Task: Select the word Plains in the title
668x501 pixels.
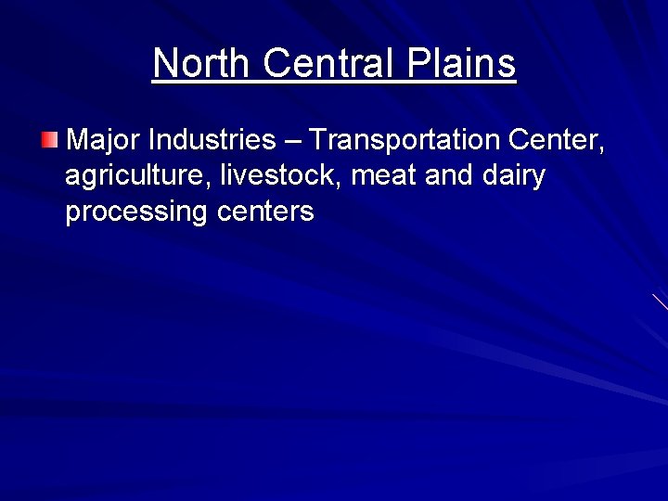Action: click(461, 63)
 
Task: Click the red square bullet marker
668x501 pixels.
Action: click(49, 141)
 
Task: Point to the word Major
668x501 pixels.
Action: click(104, 140)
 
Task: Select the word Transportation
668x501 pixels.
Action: click(405, 140)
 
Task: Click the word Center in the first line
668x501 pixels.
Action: click(557, 140)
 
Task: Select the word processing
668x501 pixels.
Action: click(136, 212)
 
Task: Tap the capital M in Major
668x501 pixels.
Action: click(78, 140)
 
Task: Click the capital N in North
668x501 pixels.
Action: click(164, 63)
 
